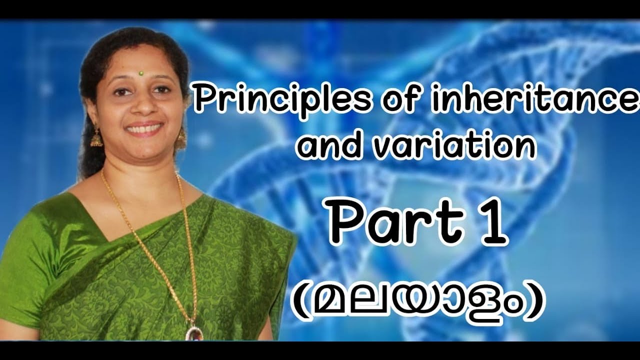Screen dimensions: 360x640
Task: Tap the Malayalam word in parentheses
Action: (417, 303)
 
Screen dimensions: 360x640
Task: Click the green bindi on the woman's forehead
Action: (141, 73)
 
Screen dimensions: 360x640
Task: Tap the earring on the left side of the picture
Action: (96, 137)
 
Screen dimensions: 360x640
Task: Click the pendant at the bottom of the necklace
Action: (194, 333)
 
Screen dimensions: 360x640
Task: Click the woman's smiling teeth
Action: (143, 129)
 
